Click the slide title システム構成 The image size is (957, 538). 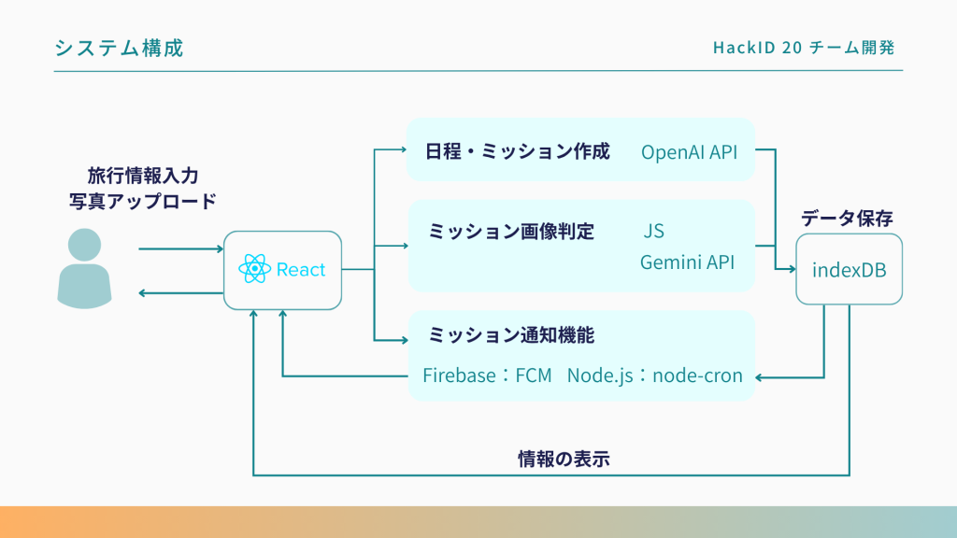click(x=119, y=49)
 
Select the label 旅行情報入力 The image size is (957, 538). click(x=143, y=175)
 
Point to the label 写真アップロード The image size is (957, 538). click(x=143, y=200)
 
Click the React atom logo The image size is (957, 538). click(x=254, y=270)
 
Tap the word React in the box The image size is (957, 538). click(x=301, y=270)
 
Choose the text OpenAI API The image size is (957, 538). click(x=689, y=151)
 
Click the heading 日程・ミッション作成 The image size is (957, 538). click(x=518, y=150)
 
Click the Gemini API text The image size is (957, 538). click(x=687, y=262)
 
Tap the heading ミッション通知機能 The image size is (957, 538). click(x=511, y=333)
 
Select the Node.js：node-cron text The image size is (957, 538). click(x=654, y=376)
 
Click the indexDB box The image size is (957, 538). click(x=849, y=270)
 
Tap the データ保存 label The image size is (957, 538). click(x=847, y=219)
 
